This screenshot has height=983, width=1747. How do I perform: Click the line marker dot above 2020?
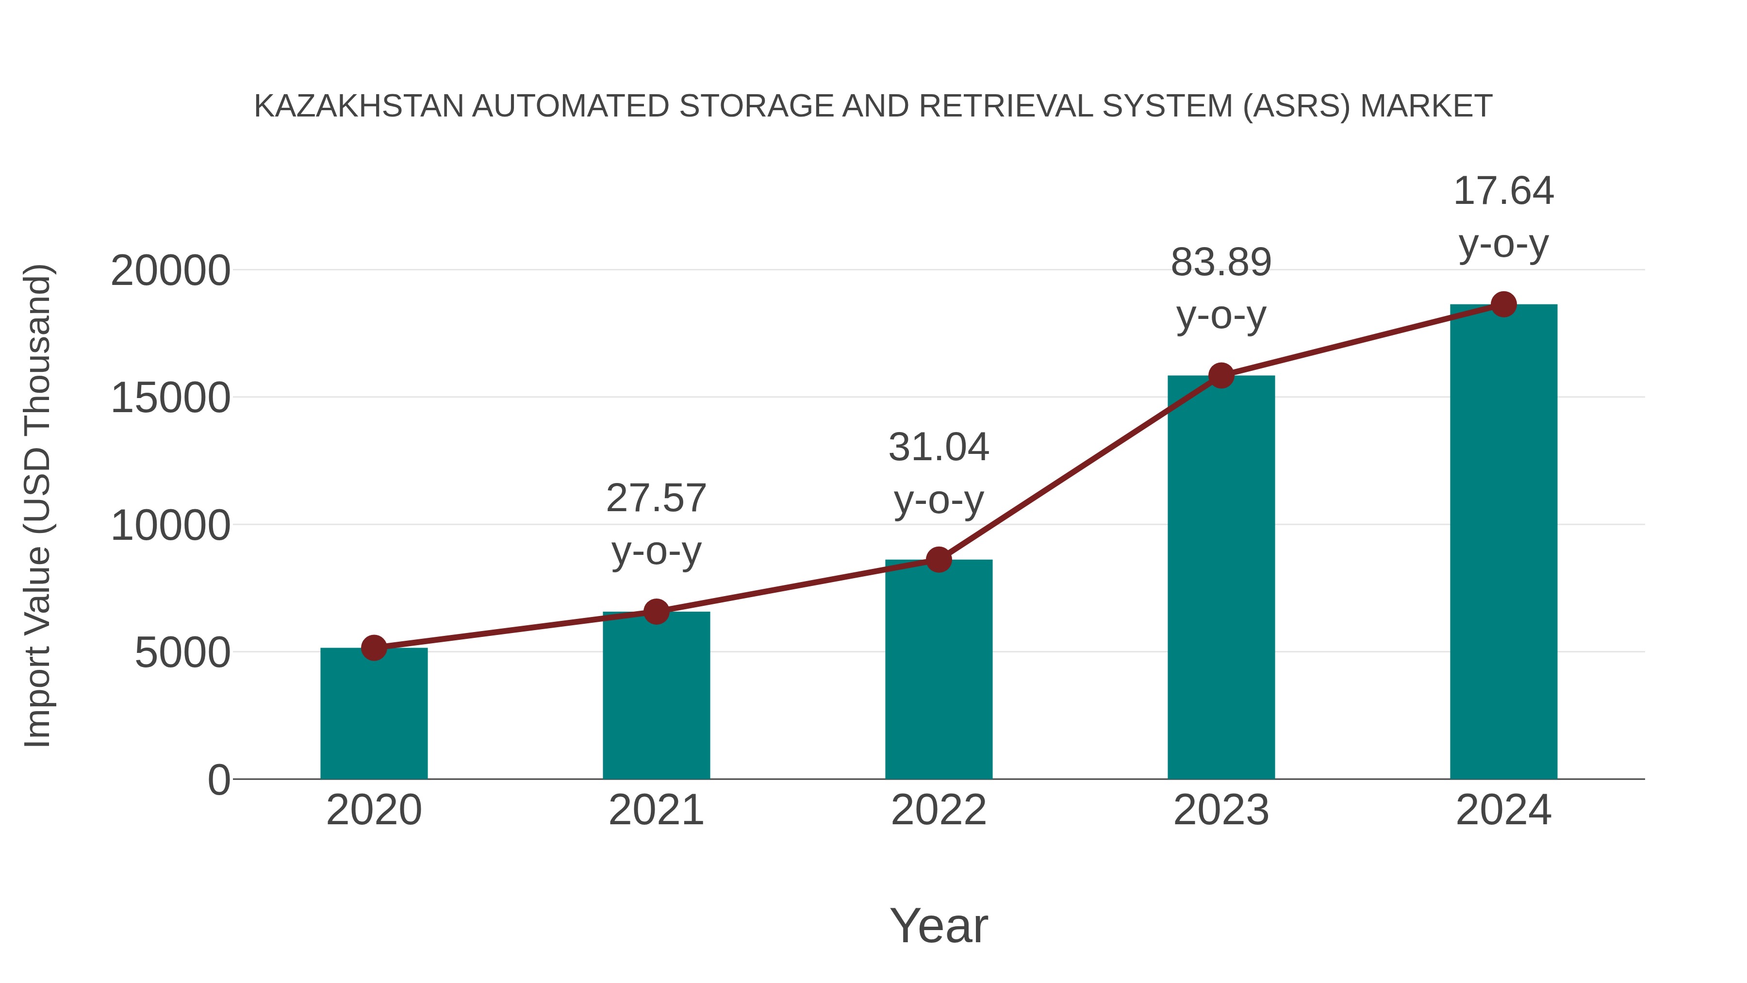[x=374, y=648]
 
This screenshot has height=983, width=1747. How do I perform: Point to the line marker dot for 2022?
[x=939, y=560]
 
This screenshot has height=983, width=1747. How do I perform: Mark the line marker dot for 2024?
[x=1503, y=304]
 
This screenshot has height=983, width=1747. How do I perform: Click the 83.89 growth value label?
[x=1221, y=263]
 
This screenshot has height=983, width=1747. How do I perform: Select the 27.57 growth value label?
[x=656, y=499]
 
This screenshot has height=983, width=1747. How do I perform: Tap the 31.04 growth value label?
[x=939, y=448]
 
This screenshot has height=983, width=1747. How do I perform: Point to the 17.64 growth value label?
[x=1503, y=191]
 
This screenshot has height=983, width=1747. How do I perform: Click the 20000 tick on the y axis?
[x=170, y=271]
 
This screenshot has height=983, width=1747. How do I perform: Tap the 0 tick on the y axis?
[x=219, y=780]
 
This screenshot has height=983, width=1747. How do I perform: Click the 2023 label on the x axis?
[x=1221, y=810]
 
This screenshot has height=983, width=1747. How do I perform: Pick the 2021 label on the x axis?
[x=656, y=810]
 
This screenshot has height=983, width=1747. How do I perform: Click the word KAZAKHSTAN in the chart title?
[x=359, y=106]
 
